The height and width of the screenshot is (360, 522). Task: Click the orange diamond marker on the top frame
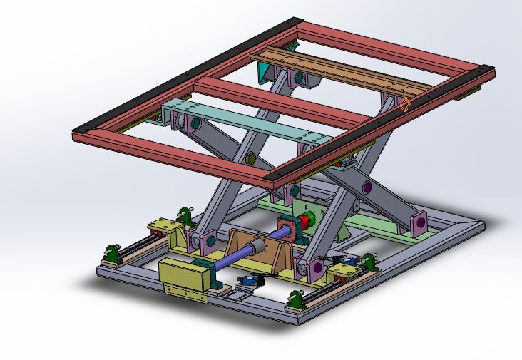coord(405,106)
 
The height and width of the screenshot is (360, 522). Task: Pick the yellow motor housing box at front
coord(182,275)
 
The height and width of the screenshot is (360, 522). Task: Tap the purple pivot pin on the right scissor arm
coord(367,187)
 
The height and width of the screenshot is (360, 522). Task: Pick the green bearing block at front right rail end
coord(295,299)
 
